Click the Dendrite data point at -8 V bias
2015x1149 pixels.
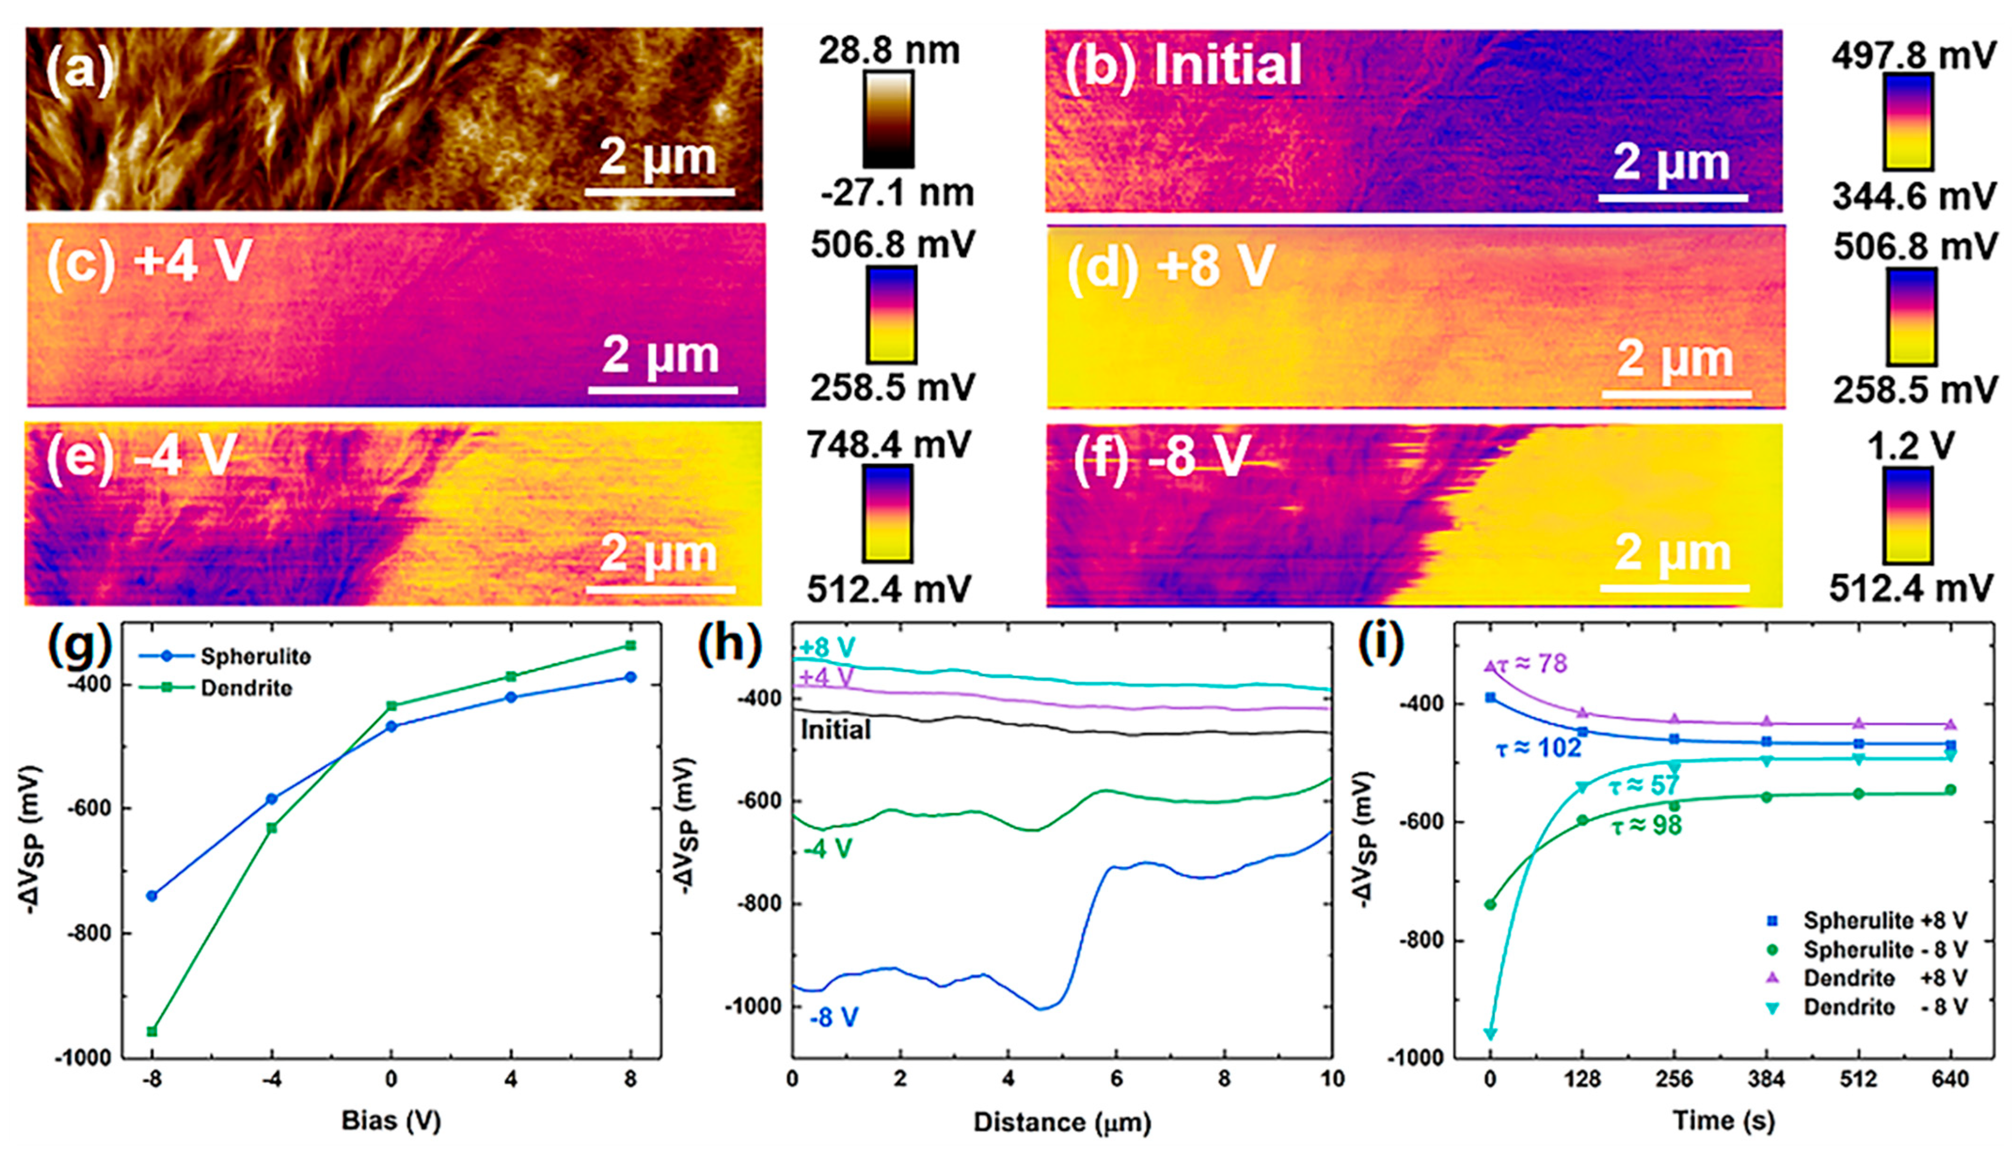pos(152,1031)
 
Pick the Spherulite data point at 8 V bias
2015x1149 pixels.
pos(630,677)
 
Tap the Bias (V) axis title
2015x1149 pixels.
pos(391,1121)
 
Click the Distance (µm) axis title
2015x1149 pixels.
pos(1061,1121)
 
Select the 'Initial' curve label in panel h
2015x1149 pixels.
pos(835,730)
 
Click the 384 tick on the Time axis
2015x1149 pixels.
pos(1766,1078)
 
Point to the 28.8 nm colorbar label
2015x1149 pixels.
pos(889,51)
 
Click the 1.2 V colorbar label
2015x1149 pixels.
pos(1910,447)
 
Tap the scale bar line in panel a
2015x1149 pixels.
pos(659,192)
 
